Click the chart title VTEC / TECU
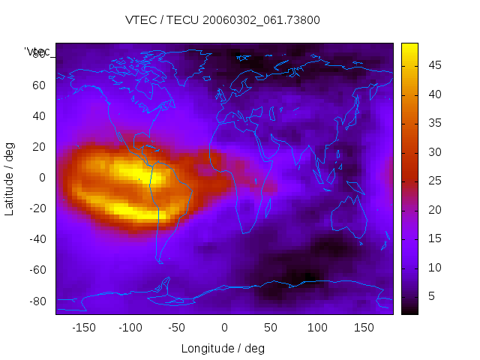tap(223, 20)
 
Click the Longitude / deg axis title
tap(223, 348)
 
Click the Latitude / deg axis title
tap(10, 177)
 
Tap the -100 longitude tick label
tap(130, 327)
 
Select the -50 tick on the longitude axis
tap(177, 327)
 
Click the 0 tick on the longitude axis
tap(224, 327)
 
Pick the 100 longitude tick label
tap(317, 327)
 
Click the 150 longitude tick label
tap(364, 327)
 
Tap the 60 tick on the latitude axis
tap(39, 85)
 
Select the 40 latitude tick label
tap(39, 115)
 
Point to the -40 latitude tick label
tap(37, 239)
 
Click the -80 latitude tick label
tap(37, 301)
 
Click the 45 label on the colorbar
tap(433, 66)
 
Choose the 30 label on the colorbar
tap(433, 152)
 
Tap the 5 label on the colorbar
tap(430, 296)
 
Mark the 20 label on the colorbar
tap(433, 210)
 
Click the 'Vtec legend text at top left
tap(37, 51)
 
